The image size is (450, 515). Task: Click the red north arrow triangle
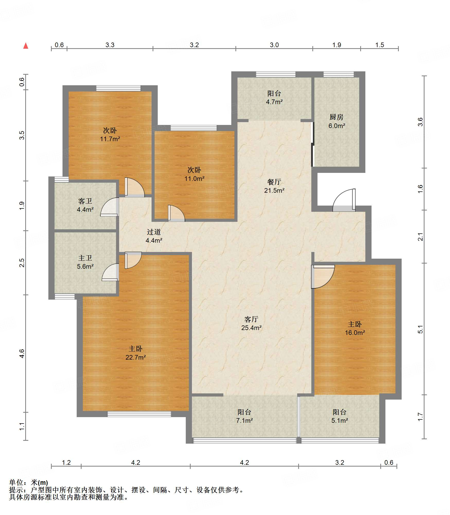pyautogui.click(x=26, y=46)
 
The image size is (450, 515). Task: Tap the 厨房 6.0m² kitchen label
pyautogui.click(x=337, y=121)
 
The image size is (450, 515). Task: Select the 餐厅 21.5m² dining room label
pyautogui.click(x=274, y=186)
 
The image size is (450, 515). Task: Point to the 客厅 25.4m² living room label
pyautogui.click(x=251, y=323)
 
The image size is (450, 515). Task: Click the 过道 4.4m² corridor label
pyautogui.click(x=154, y=236)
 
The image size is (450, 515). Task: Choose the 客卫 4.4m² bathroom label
pyautogui.click(x=85, y=205)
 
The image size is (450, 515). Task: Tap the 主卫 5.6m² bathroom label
pyautogui.click(x=85, y=262)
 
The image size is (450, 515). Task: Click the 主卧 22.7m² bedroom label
pyautogui.click(x=136, y=353)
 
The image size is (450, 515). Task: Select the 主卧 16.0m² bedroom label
pyautogui.click(x=355, y=328)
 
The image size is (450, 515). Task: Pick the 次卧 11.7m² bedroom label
pyautogui.click(x=110, y=134)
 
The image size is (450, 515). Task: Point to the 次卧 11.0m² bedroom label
pyautogui.click(x=194, y=174)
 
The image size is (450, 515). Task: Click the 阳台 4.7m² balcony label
pyautogui.click(x=274, y=97)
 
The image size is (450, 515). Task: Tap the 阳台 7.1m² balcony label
pyautogui.click(x=244, y=416)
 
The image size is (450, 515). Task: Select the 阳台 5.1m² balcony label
pyautogui.click(x=340, y=416)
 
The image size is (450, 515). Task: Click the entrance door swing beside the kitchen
pyautogui.click(x=344, y=200)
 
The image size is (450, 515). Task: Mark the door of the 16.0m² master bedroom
pyautogui.click(x=323, y=276)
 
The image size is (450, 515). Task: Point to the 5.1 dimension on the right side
pyautogui.click(x=420, y=329)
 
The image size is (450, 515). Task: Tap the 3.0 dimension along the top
pyautogui.click(x=274, y=45)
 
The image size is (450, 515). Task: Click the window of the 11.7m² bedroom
pyautogui.click(x=118, y=88)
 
